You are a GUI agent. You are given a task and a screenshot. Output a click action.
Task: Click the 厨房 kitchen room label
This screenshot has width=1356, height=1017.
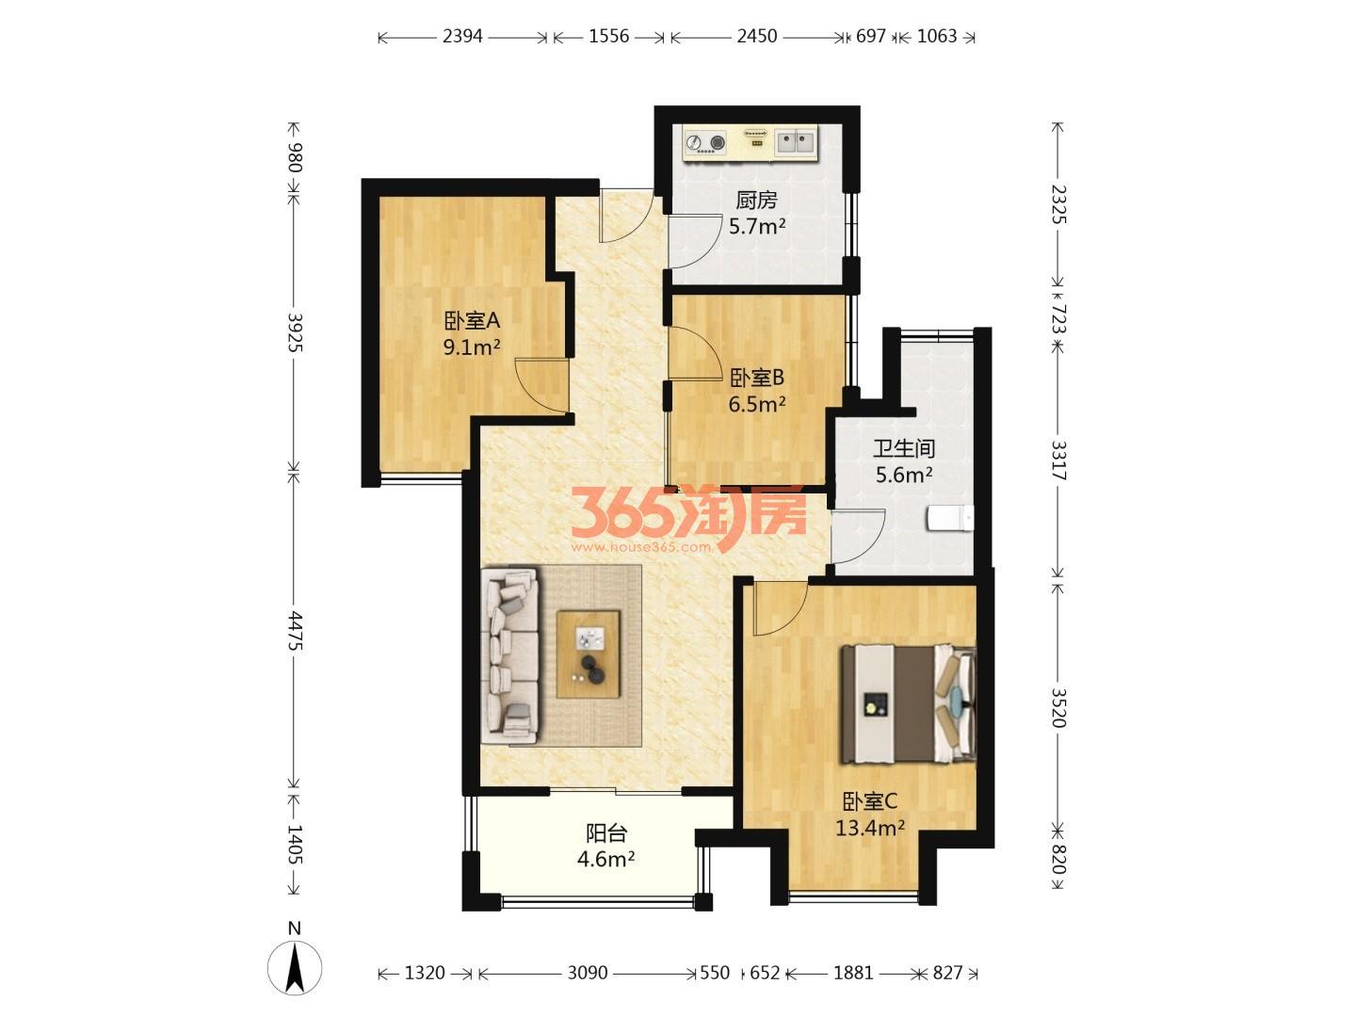[756, 200]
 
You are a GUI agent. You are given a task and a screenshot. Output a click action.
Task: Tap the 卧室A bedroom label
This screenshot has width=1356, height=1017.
[472, 321]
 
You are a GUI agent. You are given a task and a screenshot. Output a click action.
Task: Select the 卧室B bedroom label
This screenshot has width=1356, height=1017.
[757, 378]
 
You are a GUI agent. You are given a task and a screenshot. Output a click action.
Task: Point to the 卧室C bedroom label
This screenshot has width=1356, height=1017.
[870, 801]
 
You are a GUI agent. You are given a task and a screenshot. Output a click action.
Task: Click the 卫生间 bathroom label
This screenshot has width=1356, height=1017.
[904, 449]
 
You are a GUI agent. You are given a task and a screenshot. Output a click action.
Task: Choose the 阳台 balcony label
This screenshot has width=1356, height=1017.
[606, 833]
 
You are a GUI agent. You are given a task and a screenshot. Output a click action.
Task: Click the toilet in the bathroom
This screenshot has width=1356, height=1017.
[950, 518]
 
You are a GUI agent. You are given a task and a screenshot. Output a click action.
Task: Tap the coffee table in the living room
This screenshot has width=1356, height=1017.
[589, 654]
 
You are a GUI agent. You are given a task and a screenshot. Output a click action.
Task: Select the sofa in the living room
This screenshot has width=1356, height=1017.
[509, 656]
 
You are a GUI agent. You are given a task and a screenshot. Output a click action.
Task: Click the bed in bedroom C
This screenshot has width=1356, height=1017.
[908, 704]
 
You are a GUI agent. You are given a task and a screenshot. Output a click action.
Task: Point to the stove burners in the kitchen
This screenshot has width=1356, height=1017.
[705, 142]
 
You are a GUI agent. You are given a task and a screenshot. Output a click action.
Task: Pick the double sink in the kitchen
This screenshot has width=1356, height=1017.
[796, 142]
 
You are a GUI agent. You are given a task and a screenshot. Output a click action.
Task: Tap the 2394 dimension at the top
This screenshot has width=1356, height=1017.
[462, 37]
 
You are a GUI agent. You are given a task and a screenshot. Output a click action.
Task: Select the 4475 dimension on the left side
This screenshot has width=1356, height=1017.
[295, 631]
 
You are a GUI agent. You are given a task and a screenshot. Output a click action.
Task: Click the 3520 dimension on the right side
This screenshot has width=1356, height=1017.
[1058, 708]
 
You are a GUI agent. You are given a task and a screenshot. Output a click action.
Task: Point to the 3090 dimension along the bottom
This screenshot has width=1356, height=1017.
[588, 973]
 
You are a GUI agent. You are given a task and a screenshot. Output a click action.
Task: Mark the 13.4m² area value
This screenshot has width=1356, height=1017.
[870, 828]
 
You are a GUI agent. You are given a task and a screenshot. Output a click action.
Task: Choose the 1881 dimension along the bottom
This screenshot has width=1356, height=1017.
[853, 973]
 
